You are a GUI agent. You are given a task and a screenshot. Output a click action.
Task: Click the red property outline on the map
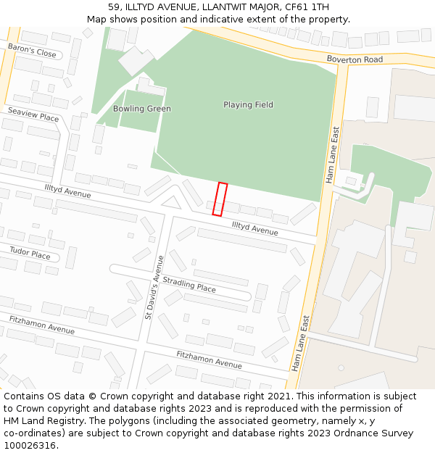pyautogui.click(x=220, y=199)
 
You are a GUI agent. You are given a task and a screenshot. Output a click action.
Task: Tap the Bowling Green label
pyautogui.click(x=142, y=109)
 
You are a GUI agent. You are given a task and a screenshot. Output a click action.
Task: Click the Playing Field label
pyautogui.click(x=248, y=104)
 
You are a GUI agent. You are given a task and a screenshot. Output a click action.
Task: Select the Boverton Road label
pyautogui.click(x=355, y=59)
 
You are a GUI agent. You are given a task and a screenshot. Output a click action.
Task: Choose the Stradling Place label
pyautogui.click(x=189, y=283)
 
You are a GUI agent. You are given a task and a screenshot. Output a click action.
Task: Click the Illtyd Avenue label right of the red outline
pyautogui.click(x=254, y=228)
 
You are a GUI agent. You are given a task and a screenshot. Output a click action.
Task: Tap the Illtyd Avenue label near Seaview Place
pyautogui.click(x=67, y=191)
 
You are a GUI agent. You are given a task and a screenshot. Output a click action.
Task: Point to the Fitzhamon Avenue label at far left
pyautogui.click(x=41, y=325)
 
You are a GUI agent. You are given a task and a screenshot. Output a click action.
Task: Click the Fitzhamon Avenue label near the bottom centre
pyautogui.click(x=209, y=359)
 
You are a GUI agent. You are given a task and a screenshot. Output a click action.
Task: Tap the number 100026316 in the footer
pyautogui.click(x=30, y=445)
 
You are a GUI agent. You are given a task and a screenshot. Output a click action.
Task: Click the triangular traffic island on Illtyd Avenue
pyautogui.click(x=171, y=203)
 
